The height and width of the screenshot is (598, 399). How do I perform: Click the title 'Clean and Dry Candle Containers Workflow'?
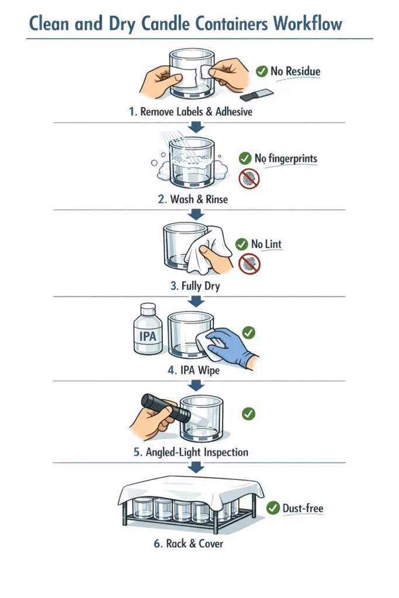click(x=185, y=24)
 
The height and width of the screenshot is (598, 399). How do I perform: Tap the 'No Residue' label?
click(x=295, y=72)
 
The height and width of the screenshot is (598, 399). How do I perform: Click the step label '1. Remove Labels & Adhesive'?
click(x=190, y=112)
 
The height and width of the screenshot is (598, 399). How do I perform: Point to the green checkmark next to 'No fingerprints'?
click(x=245, y=158)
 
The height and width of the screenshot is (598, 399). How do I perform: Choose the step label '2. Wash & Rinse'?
click(x=193, y=199)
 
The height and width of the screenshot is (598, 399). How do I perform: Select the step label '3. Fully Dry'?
click(x=194, y=286)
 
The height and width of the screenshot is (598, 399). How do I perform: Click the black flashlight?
click(x=166, y=408)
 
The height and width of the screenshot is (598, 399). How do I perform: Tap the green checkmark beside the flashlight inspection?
click(x=248, y=413)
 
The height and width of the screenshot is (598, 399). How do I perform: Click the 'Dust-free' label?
click(x=303, y=508)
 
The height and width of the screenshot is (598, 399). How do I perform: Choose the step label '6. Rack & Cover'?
click(x=189, y=543)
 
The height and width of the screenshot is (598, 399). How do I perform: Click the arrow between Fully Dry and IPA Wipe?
click(x=196, y=301)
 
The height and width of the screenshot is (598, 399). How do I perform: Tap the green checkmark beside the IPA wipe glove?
click(x=248, y=332)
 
